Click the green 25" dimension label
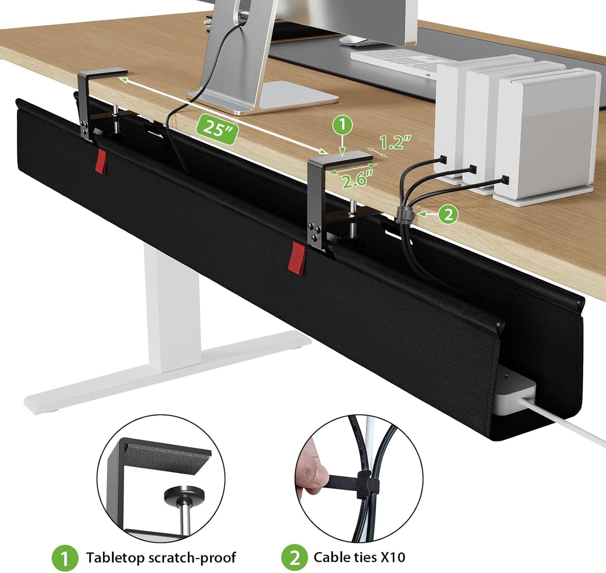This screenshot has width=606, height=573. pos(216,128)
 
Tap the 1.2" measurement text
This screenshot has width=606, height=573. pos(395,143)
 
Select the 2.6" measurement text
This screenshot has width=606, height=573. pos(357,180)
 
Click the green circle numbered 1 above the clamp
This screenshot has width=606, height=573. pos(343,125)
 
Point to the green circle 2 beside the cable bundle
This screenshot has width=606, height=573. pos(448,214)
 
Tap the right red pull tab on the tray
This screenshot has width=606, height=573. pos(298,258)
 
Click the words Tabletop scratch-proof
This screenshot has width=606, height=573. pos(161,557)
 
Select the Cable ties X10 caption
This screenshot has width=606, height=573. pos(359,557)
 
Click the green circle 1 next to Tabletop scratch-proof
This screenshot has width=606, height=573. pos(65,558)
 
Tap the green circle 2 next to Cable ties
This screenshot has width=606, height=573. pos(294,558)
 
